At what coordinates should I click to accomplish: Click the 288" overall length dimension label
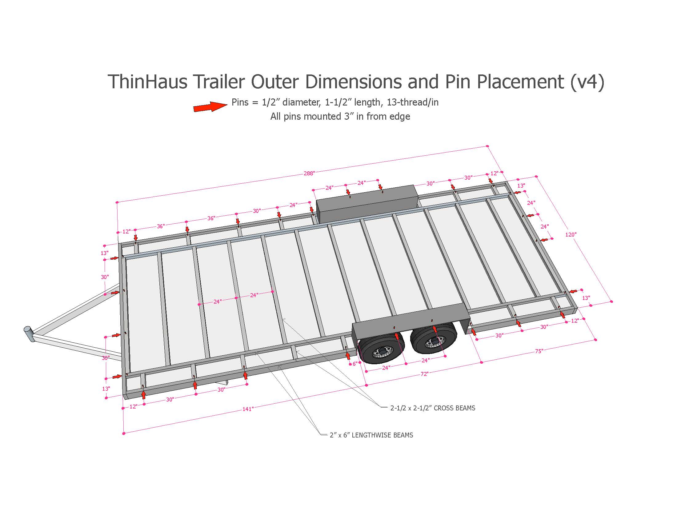(x=309, y=173)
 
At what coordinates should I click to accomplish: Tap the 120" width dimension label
(x=570, y=234)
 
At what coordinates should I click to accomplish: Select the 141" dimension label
(x=248, y=409)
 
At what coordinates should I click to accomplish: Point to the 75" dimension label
(x=539, y=351)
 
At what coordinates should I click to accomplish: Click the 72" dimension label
(x=424, y=374)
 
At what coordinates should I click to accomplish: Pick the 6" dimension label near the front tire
(x=355, y=364)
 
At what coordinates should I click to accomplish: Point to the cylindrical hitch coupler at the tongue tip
(x=29, y=333)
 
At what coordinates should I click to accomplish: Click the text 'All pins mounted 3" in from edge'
(x=340, y=117)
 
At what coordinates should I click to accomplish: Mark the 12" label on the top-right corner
(x=494, y=173)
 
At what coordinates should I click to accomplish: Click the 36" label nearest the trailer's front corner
(x=160, y=226)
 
